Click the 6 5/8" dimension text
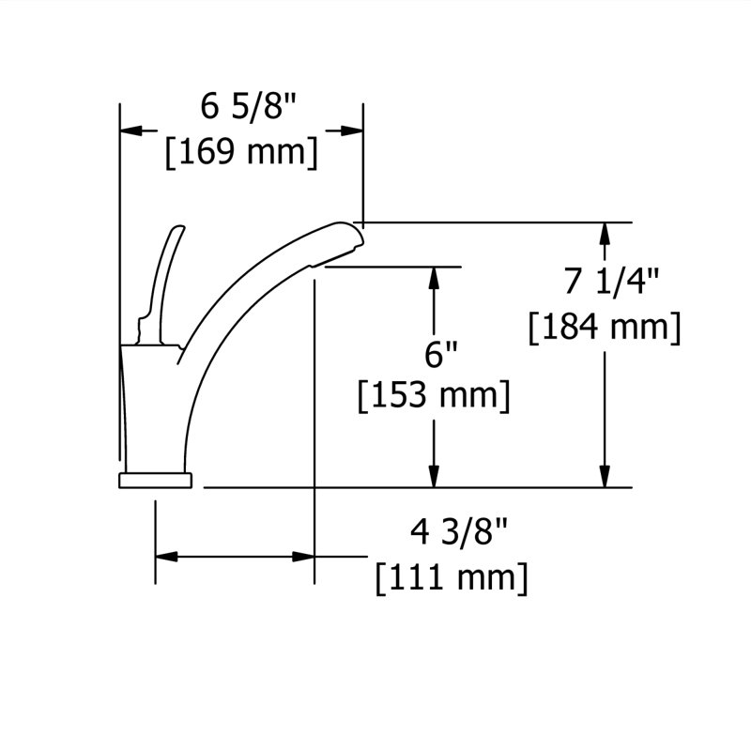pos(249,106)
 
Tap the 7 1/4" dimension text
pos(612,281)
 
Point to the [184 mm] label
pos(605,327)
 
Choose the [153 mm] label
pos(434,395)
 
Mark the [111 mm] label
pos(452,578)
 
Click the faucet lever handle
pos(160,285)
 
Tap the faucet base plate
pos(155,481)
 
